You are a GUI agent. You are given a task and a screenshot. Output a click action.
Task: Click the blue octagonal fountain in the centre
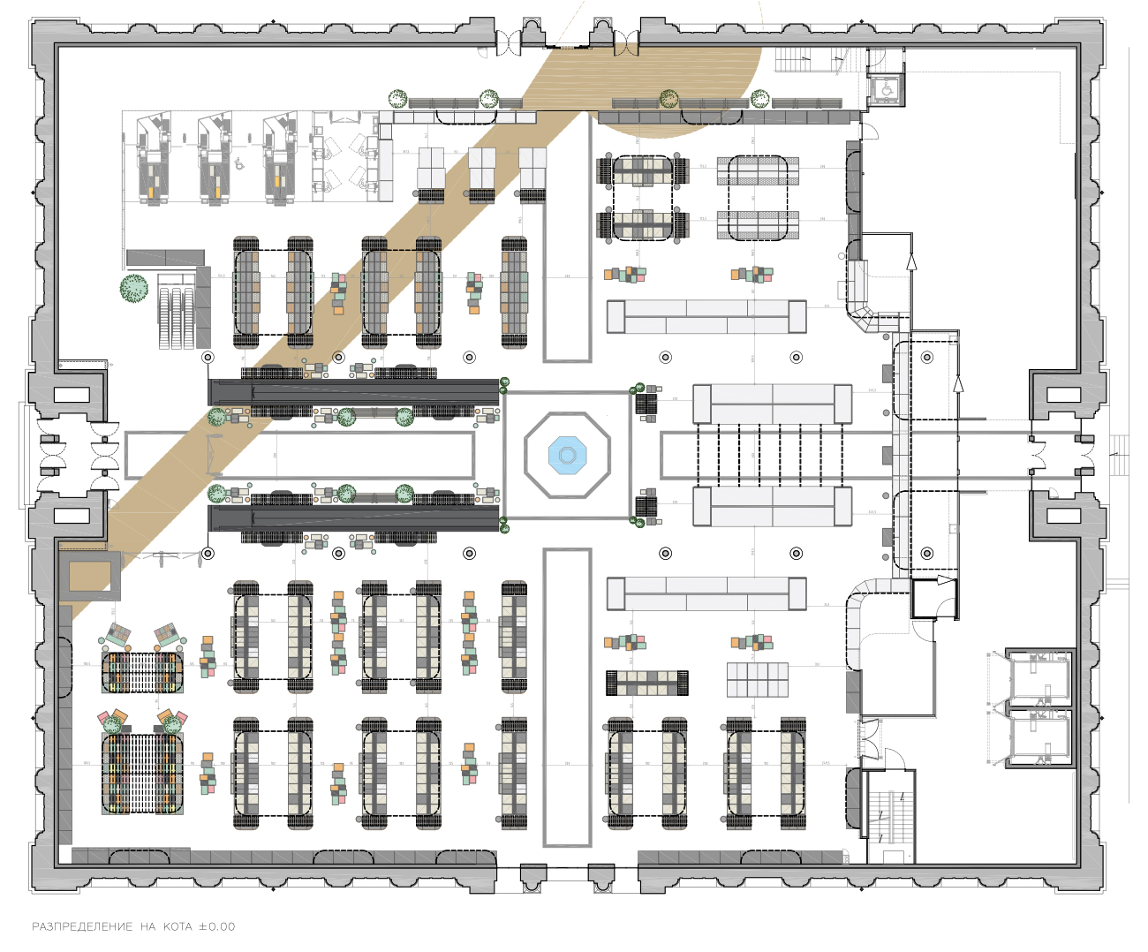(567, 455)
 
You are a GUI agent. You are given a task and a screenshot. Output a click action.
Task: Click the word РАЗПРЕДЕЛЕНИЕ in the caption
(82, 926)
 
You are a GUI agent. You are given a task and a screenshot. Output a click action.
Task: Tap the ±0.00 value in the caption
(217, 926)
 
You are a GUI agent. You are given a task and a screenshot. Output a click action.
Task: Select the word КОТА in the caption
(177, 926)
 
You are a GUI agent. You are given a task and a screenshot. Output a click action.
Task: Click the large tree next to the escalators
(134, 288)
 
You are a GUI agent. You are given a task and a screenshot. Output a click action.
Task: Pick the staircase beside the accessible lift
(808, 59)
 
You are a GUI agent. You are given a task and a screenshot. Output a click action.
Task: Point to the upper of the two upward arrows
(911, 261)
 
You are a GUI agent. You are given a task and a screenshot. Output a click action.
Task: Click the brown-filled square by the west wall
(89, 576)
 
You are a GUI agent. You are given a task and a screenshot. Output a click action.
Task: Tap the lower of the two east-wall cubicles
(1039, 737)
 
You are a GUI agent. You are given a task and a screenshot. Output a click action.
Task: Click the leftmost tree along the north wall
(397, 98)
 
